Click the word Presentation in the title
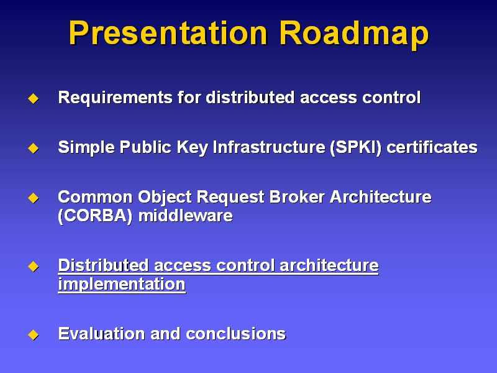pos(168,33)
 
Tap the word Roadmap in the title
pos(354,34)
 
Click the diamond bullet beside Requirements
pos(34,98)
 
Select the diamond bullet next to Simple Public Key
pos(34,148)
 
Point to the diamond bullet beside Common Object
pos(34,198)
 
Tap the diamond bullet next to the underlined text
pos(34,267)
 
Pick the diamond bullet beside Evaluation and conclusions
pos(34,334)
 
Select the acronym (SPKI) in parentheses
pos(355,148)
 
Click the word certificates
pos(432,147)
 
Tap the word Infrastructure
pos(269,147)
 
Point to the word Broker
pos(297,197)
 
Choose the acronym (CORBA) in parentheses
pos(95,216)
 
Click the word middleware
pos(185,216)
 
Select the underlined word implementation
pos(122,285)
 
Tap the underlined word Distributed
pos(103,265)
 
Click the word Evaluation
pos(101,334)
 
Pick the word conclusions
pos(236,334)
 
